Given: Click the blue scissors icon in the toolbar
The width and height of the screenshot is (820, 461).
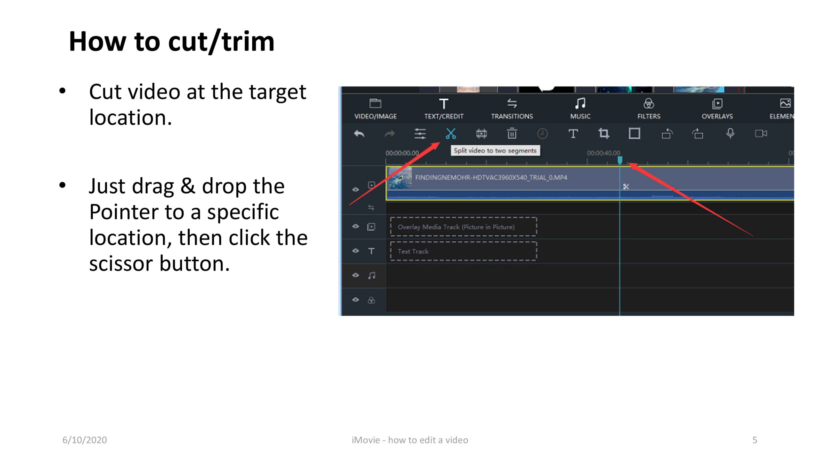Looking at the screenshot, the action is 451,133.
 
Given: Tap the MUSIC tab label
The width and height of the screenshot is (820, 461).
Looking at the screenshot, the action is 580,116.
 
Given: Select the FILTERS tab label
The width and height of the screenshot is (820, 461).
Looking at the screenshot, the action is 649,116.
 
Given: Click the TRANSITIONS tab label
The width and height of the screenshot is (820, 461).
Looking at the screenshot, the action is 512,116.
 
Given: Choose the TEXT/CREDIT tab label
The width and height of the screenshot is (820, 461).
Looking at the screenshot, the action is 444,116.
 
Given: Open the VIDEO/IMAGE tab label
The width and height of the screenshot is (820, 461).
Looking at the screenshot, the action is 375,116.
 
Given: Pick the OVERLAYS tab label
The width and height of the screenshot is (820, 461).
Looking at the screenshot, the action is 717,116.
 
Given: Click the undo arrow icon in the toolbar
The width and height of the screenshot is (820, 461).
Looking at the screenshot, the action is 359,133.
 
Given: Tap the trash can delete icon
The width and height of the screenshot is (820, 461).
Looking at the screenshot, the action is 512,133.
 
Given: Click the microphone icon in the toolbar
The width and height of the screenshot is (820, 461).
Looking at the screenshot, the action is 730,133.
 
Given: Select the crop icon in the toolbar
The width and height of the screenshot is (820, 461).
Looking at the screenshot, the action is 604,133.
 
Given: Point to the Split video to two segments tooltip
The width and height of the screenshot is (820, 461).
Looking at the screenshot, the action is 495,150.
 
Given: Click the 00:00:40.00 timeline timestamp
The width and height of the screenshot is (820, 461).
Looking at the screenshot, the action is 603,153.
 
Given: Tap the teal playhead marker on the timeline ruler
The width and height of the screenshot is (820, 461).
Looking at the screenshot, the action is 620,160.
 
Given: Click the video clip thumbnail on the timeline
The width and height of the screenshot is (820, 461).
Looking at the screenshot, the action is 400,178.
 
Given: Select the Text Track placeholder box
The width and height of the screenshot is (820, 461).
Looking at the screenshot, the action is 463,251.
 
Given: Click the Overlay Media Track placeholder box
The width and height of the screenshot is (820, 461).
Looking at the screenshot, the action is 463,227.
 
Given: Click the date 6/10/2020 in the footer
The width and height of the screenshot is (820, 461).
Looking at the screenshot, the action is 85,440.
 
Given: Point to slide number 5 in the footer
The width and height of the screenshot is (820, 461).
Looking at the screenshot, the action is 755,440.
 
